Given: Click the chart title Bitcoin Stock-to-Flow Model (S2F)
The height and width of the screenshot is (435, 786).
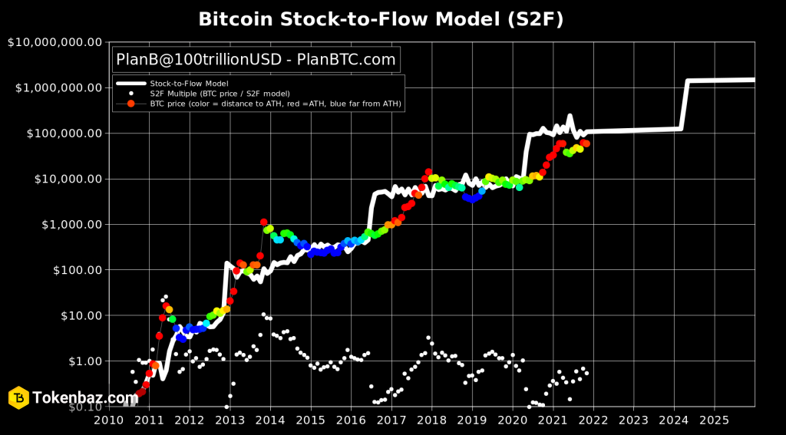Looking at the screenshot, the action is pyautogui.click(x=381, y=19).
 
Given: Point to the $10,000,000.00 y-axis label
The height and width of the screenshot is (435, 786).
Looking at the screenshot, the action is pyautogui.click(x=54, y=42).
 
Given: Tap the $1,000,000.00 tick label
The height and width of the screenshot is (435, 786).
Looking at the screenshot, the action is pyautogui.click(x=58, y=87).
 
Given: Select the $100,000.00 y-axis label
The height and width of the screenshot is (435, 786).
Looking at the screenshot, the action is pyautogui.click(x=63, y=133).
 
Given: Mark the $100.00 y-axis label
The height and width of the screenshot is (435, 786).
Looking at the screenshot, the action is pyautogui.click(x=76, y=269).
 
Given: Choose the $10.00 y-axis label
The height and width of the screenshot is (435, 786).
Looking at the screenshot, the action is pyautogui.click(x=80, y=315).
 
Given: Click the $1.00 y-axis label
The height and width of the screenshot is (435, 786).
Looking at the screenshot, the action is pyautogui.click(x=84, y=361).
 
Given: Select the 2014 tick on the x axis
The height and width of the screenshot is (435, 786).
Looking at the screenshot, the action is pyautogui.click(x=270, y=420).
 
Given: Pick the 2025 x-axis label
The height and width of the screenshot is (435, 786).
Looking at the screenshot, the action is pyautogui.click(x=715, y=420).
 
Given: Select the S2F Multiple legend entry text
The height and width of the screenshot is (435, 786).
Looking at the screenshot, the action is pyautogui.click(x=220, y=94).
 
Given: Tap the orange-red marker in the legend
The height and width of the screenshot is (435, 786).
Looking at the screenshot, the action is pyautogui.click(x=130, y=104).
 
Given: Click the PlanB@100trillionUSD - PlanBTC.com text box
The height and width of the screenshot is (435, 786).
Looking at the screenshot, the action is pyautogui.click(x=256, y=60).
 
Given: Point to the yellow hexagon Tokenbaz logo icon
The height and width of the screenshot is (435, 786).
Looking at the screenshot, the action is pyautogui.click(x=18, y=397).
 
